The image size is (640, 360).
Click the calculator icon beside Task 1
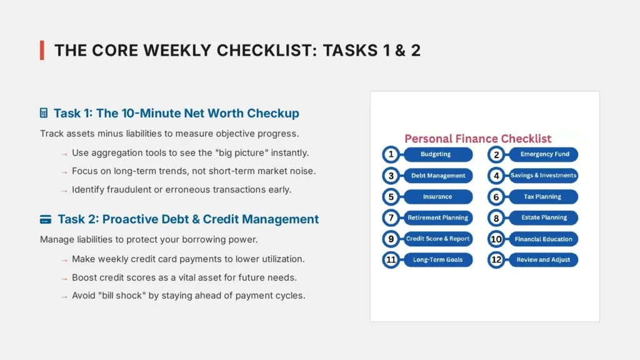click(x=44, y=113)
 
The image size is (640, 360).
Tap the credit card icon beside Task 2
click(x=46, y=219)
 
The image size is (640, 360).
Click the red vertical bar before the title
click(x=42, y=50)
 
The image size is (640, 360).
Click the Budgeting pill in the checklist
click(x=436, y=154)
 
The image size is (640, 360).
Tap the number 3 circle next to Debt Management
click(x=391, y=176)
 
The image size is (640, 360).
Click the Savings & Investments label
click(x=542, y=176)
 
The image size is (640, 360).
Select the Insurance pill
click(x=437, y=197)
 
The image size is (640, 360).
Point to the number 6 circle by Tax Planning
click(x=496, y=197)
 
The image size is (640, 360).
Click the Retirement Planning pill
click(x=437, y=218)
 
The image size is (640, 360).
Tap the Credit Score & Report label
click(x=437, y=239)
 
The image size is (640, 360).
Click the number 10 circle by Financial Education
click(x=496, y=239)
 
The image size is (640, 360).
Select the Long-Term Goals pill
click(x=437, y=260)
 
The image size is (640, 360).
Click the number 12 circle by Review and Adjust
click(x=496, y=260)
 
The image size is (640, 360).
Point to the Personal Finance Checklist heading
click(x=477, y=139)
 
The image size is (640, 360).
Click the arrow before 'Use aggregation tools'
click(x=64, y=153)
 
